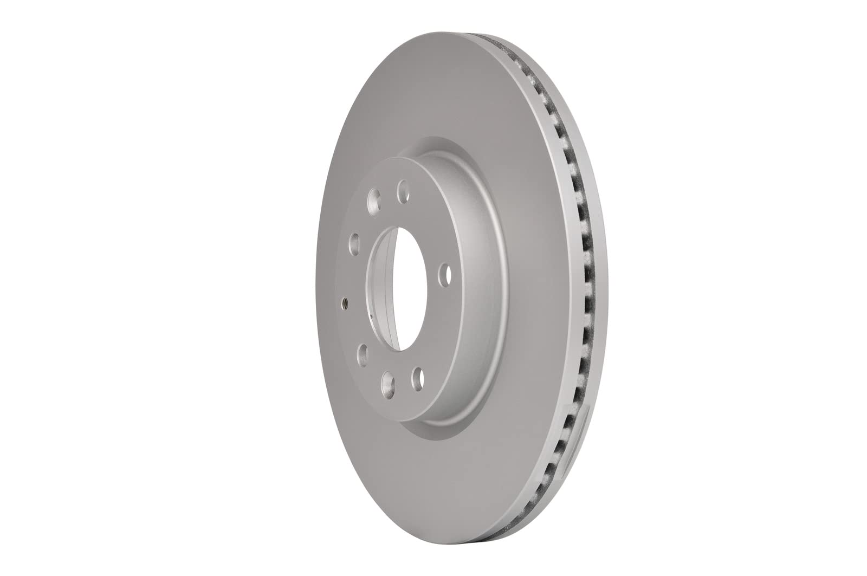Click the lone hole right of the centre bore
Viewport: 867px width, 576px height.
[x=445, y=275]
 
